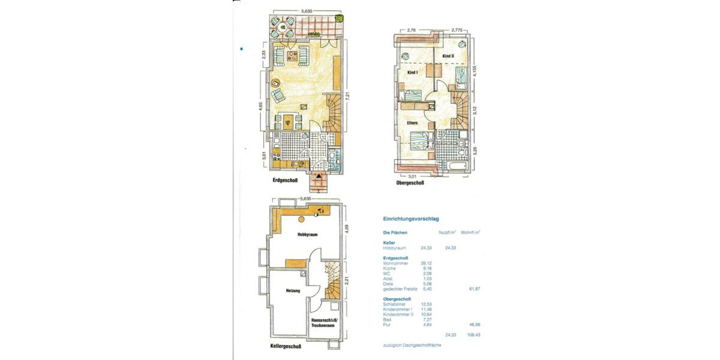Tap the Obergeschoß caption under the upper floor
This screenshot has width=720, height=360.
(x=411, y=183)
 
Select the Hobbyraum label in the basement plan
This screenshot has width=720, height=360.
(x=307, y=236)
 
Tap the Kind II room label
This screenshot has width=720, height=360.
(x=448, y=56)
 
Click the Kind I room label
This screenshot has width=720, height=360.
(x=412, y=72)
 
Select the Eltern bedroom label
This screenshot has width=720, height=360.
(x=412, y=124)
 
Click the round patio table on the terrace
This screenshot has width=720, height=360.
(x=282, y=26)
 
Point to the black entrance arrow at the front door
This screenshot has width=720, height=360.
(x=319, y=176)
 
